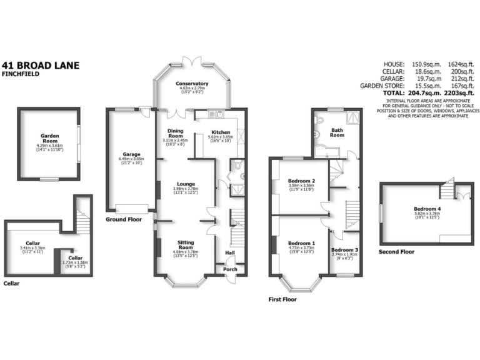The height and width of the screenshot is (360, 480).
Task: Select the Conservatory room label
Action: click(192, 84)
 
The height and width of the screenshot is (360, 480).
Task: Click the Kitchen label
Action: click(221, 132)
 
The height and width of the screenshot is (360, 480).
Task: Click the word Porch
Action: click(231, 269)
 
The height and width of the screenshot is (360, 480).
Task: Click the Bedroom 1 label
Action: click(301, 242)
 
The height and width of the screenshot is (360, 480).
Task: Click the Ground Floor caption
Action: click(122, 219)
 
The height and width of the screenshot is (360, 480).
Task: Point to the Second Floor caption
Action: click(396, 252)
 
